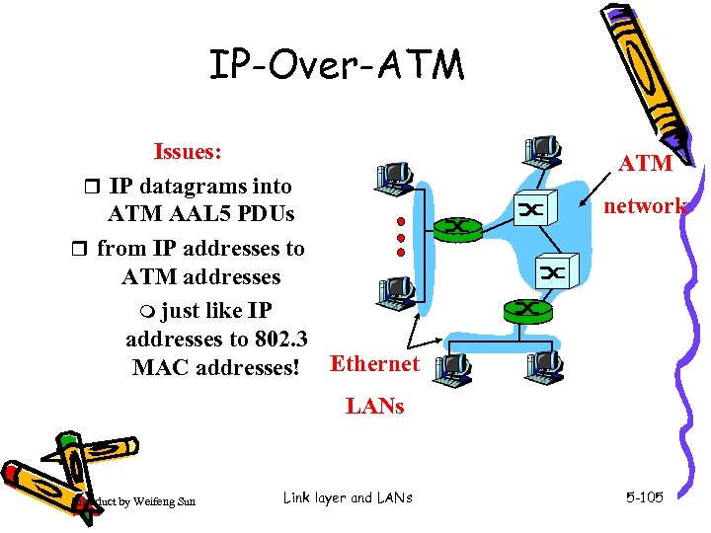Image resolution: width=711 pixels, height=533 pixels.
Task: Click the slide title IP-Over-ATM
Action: pyautogui.click(x=336, y=65)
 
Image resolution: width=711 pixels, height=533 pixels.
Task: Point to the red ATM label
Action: pyautogui.click(x=646, y=163)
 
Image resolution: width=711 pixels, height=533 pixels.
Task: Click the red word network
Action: pyautogui.click(x=645, y=205)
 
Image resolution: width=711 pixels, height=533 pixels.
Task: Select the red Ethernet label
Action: pyautogui.click(x=374, y=364)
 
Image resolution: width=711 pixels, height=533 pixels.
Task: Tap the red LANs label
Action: pyautogui.click(x=374, y=406)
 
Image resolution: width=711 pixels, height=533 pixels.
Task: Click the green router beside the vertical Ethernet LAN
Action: pyautogui.click(x=458, y=227)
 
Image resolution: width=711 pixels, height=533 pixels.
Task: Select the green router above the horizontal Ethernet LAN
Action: pyautogui.click(x=526, y=310)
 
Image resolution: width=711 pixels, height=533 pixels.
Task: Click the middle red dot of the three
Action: pyautogui.click(x=400, y=237)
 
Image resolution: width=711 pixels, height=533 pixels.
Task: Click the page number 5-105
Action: pyautogui.click(x=644, y=497)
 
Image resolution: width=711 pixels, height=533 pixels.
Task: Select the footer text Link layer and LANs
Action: pyautogui.click(x=347, y=497)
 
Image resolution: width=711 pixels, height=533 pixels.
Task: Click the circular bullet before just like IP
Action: pyautogui.click(x=147, y=311)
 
